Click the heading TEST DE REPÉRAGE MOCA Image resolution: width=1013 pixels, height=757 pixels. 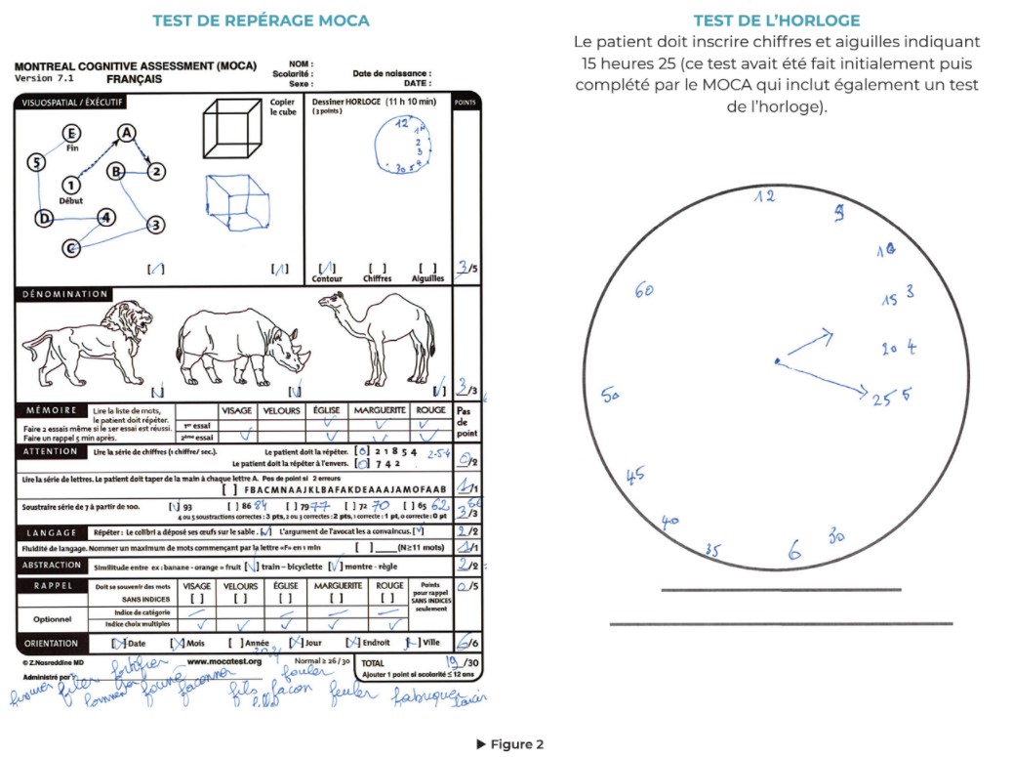point(261,21)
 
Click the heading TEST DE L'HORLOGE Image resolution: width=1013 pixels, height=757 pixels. point(777,21)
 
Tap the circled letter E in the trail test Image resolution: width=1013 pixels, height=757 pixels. point(71,134)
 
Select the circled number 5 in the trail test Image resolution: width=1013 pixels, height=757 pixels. point(36,162)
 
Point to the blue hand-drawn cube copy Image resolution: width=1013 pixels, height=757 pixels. point(236,200)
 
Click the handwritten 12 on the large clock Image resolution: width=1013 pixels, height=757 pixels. point(764,197)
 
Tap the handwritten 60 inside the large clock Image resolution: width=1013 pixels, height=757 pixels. point(643,290)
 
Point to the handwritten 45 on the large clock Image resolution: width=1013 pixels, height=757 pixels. point(634,475)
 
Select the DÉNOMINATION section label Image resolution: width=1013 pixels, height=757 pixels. point(64,294)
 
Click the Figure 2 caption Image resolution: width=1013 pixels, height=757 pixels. point(509,744)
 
